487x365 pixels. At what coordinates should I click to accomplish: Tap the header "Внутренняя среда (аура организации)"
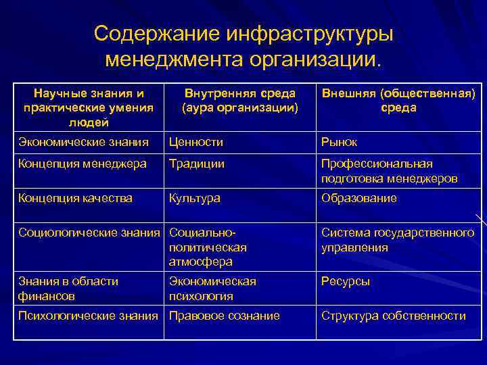pyautogui.click(x=240, y=101)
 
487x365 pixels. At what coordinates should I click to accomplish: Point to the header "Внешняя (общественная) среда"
pyautogui.click(x=398, y=101)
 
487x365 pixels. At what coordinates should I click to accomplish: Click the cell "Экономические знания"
pyautogui.click(x=84, y=142)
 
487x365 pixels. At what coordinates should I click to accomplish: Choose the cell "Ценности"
pyautogui.click(x=196, y=142)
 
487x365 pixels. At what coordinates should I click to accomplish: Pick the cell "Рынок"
pyautogui.click(x=340, y=142)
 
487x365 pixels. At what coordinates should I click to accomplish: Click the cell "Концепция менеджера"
pyautogui.click(x=83, y=164)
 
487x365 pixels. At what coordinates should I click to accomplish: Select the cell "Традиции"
pyautogui.click(x=197, y=164)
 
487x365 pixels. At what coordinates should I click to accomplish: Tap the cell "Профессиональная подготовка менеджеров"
pyautogui.click(x=390, y=171)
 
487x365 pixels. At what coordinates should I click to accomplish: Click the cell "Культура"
pyautogui.click(x=195, y=198)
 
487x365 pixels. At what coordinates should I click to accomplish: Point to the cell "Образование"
pyautogui.click(x=359, y=198)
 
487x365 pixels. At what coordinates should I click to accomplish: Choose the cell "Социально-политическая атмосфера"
pyautogui.click(x=208, y=247)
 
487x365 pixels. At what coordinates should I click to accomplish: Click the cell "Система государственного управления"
pyautogui.click(x=398, y=240)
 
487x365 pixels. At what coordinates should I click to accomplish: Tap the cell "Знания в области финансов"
pyautogui.click(x=68, y=289)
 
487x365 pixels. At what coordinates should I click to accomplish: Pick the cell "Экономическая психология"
pyautogui.click(x=212, y=289)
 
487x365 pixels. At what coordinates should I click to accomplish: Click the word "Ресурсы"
pyautogui.click(x=346, y=281)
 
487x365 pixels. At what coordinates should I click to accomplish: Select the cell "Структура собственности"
pyautogui.click(x=394, y=316)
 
